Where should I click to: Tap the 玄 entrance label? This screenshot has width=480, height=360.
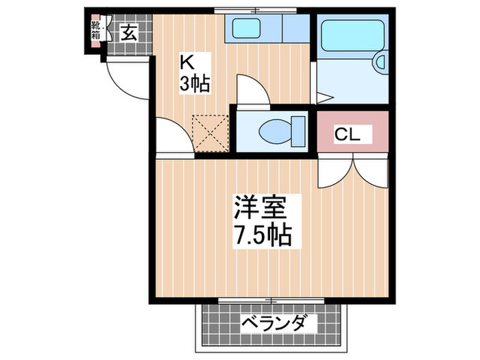click(x=129, y=32)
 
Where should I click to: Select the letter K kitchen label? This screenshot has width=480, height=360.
click(x=187, y=62)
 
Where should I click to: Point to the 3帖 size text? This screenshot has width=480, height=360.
click(x=194, y=84)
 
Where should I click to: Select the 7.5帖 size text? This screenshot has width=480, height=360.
click(x=262, y=235)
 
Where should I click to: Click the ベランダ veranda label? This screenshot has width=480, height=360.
click(x=273, y=322)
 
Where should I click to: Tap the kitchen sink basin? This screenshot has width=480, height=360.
click(x=246, y=28)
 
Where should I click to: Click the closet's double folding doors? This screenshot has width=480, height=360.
click(x=352, y=170)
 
